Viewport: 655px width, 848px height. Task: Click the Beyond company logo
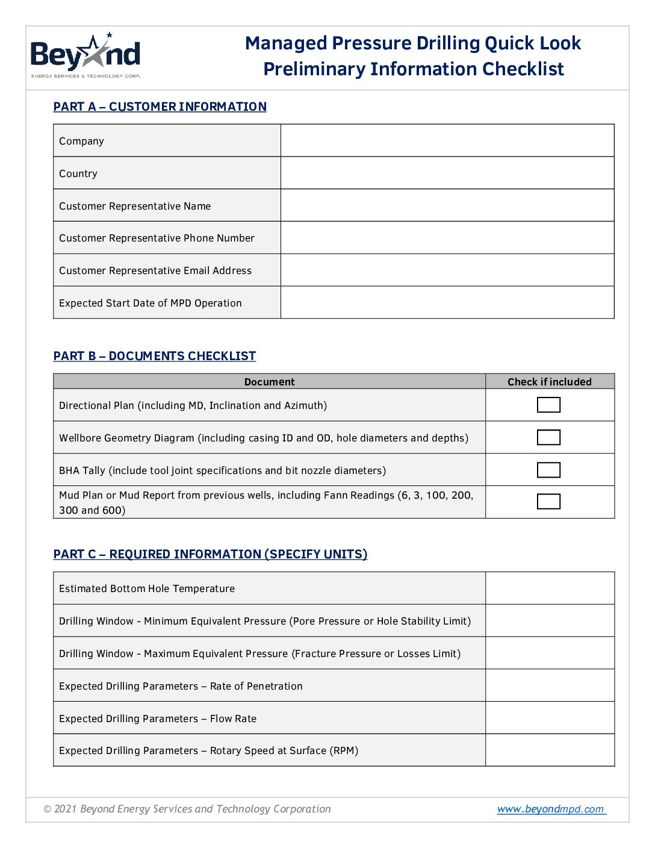point(85,55)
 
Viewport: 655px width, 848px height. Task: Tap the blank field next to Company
point(447,141)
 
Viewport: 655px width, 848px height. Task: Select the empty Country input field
point(447,173)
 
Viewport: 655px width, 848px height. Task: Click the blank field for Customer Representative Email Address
point(447,270)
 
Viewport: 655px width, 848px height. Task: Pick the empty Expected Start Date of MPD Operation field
point(447,303)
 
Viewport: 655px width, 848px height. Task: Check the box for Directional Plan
point(548,405)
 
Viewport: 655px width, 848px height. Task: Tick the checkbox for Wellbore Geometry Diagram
point(548,437)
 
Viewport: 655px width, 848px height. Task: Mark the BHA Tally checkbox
point(548,470)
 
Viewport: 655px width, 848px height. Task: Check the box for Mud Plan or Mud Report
point(548,502)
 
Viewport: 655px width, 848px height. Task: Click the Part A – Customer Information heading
point(160,107)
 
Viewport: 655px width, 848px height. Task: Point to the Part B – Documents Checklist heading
point(155,356)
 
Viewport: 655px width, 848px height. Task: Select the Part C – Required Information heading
point(210,554)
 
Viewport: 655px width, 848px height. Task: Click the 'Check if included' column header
point(549,382)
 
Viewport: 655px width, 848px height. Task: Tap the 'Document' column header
point(269,382)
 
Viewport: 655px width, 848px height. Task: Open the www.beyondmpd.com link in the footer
point(550,809)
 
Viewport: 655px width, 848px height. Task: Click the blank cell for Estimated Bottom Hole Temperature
point(550,588)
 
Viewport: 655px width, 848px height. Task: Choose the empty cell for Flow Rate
point(550,718)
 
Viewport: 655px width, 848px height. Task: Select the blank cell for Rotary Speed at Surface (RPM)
point(550,750)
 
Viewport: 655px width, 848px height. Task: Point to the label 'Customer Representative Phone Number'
point(157,238)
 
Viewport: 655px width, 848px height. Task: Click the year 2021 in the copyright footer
point(66,809)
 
